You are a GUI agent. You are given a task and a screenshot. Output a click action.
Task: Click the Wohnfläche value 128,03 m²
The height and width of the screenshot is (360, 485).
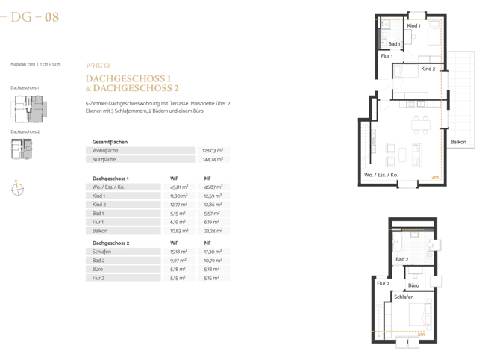pyautogui.click(x=213, y=150)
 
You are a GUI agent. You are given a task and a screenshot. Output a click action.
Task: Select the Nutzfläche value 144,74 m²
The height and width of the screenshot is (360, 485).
pyautogui.click(x=213, y=159)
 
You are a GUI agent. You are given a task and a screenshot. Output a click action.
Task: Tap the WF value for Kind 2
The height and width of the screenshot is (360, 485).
pyautogui.click(x=178, y=205)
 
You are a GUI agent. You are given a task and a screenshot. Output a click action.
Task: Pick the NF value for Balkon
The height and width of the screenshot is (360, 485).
pyautogui.click(x=213, y=231)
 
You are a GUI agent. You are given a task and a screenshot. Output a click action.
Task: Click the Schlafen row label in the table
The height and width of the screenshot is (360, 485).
pyautogui.click(x=101, y=252)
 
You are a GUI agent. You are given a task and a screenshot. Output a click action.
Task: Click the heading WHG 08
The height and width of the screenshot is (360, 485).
pyautogui.click(x=98, y=65)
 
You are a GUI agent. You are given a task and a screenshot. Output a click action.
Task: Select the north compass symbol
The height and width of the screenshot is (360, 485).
pyautogui.click(x=17, y=188)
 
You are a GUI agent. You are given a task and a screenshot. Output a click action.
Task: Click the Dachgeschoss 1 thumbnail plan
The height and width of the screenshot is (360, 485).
pyautogui.click(x=29, y=108)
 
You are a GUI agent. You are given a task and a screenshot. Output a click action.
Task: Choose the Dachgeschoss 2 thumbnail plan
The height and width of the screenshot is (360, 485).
pyautogui.click(x=22, y=149)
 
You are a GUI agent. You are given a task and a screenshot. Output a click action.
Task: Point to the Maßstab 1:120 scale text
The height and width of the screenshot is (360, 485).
pyautogui.click(x=36, y=64)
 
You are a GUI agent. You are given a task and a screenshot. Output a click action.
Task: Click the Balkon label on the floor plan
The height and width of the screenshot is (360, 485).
pyautogui.click(x=458, y=142)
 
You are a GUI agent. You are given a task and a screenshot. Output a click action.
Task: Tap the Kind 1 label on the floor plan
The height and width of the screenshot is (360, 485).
pyautogui.click(x=413, y=25)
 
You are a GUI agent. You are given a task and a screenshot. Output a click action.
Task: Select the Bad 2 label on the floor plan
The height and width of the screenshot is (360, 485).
pyautogui.click(x=401, y=259)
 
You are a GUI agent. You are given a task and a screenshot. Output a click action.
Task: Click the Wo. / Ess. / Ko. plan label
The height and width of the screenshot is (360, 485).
pyautogui.click(x=381, y=175)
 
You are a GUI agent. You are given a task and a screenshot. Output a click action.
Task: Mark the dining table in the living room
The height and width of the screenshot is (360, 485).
pyautogui.click(x=421, y=125)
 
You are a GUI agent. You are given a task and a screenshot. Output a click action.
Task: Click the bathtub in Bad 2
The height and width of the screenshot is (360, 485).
pyautogui.click(x=396, y=242)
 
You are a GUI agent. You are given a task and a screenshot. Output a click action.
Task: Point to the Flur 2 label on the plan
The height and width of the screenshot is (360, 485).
pyautogui.click(x=383, y=283)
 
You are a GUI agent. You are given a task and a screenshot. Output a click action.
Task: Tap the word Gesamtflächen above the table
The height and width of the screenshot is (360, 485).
pyautogui.click(x=110, y=142)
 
